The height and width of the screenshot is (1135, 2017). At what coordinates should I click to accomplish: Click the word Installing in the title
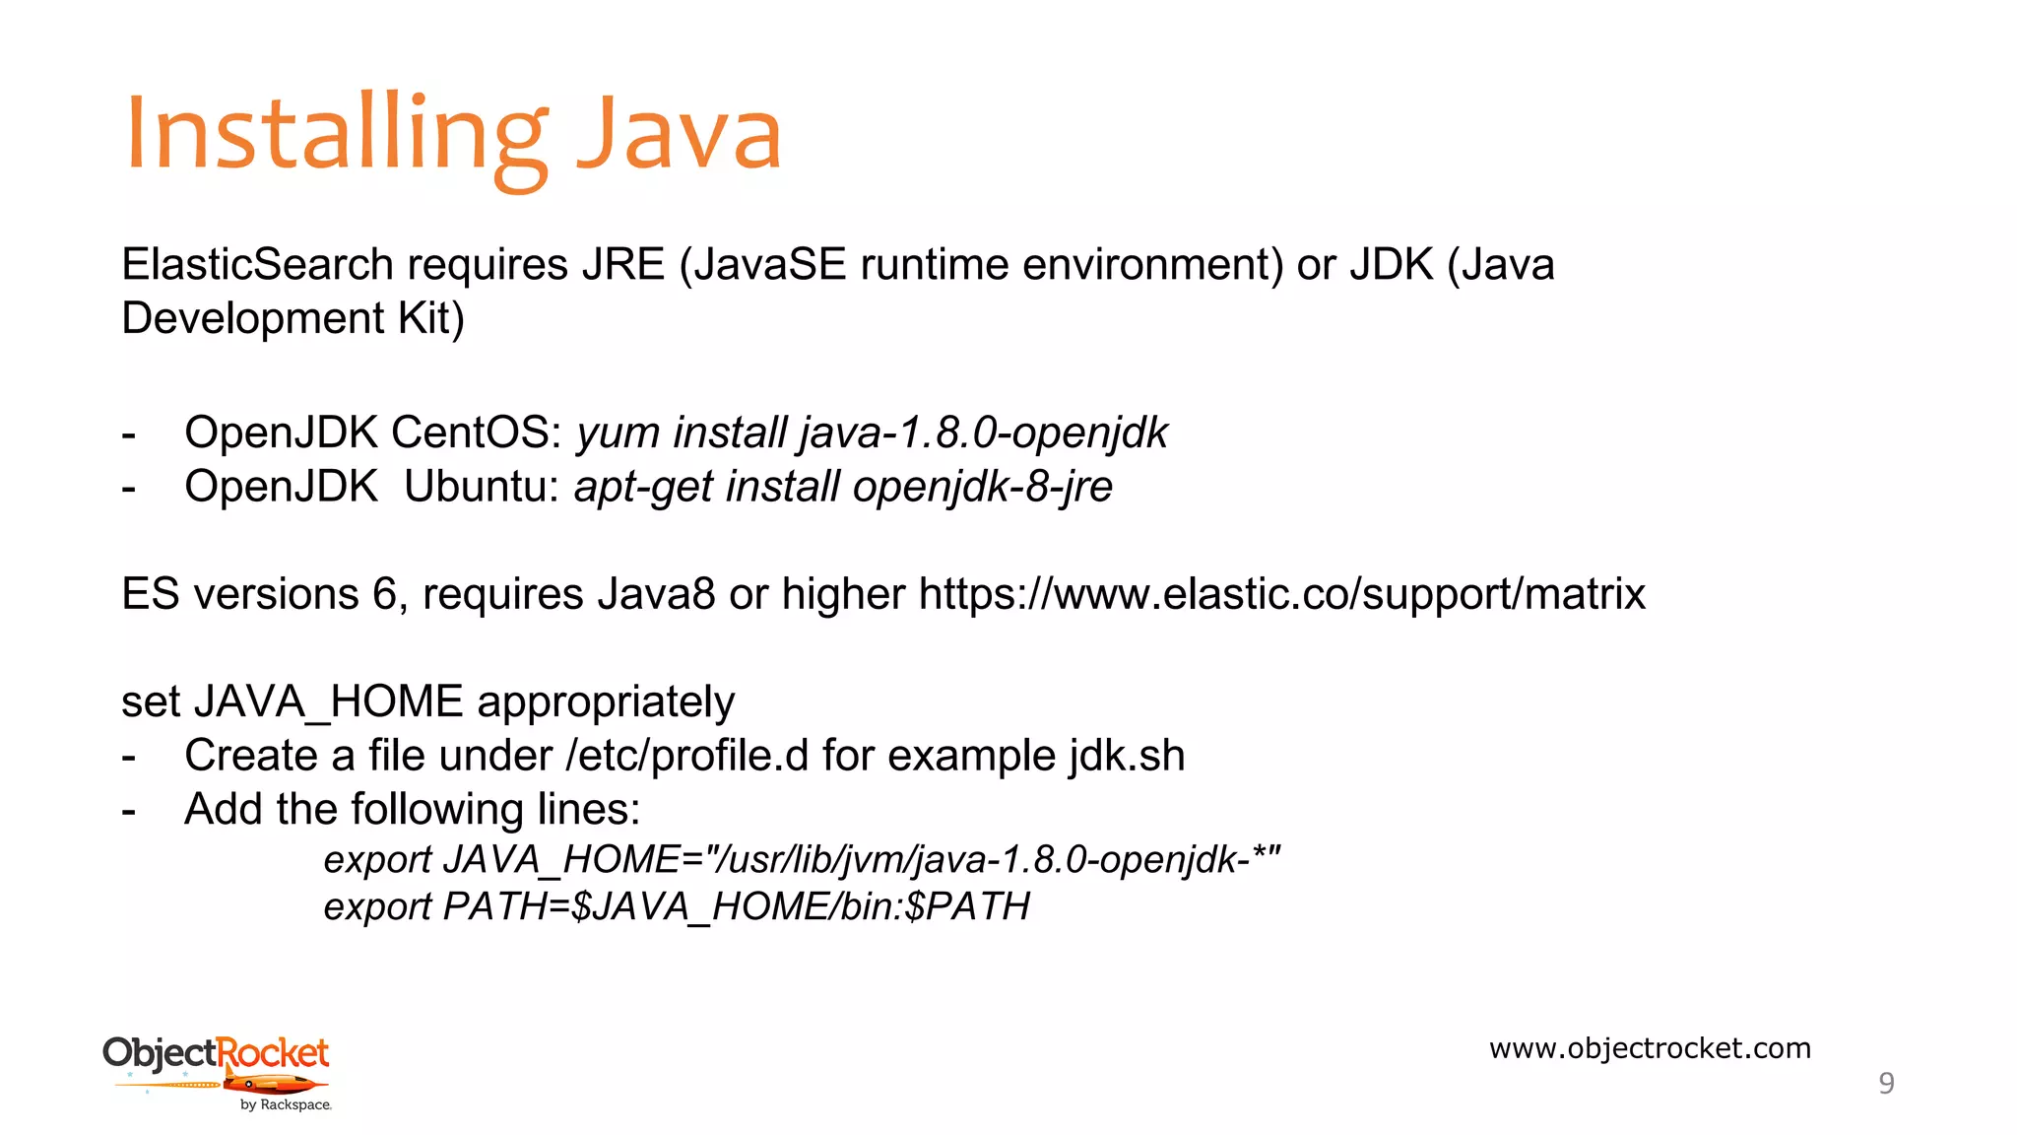click(335, 133)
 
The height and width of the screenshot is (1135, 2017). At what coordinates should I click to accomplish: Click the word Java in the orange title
click(679, 133)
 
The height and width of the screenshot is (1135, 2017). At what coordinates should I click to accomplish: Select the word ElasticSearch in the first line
click(257, 265)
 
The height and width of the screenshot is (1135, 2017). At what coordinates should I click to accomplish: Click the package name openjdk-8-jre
click(982, 487)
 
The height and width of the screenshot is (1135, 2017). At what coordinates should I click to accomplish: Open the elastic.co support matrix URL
click(1281, 594)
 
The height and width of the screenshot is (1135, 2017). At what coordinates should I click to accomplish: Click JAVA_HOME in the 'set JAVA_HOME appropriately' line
click(329, 701)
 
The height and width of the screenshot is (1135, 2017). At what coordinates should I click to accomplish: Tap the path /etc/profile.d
click(687, 756)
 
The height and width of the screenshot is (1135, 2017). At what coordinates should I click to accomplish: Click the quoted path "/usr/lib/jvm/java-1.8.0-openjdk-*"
click(995, 860)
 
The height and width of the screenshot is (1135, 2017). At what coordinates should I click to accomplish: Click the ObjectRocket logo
click(217, 1064)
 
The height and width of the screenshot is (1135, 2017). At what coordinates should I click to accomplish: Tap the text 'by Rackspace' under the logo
click(286, 1105)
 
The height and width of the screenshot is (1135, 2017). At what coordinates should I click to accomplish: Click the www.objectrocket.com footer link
click(1650, 1048)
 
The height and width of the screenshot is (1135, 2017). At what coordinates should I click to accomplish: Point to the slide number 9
click(1886, 1083)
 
